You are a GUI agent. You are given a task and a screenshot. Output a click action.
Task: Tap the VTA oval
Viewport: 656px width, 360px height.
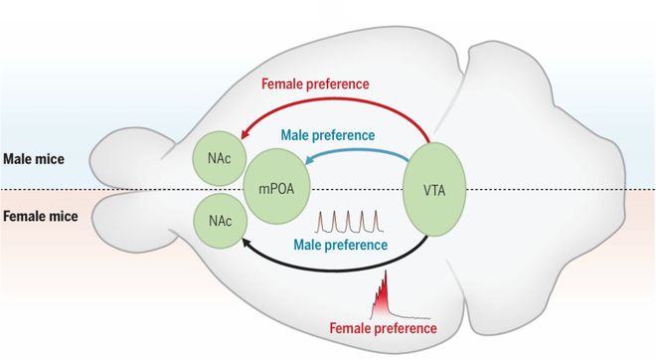click(x=434, y=188)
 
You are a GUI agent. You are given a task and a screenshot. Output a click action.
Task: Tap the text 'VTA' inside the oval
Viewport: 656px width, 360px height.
click(x=434, y=188)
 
